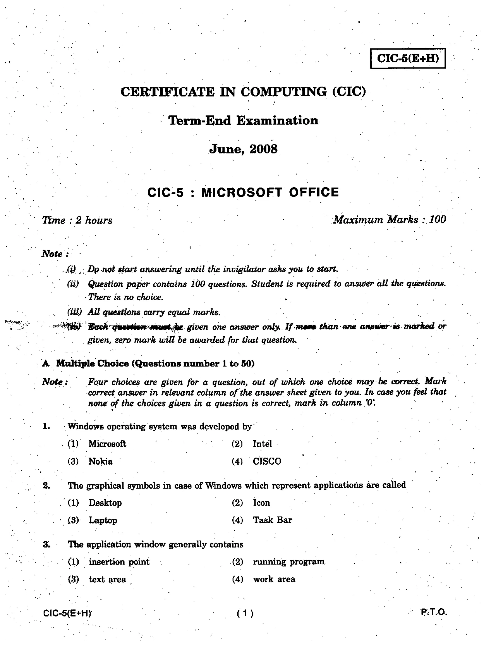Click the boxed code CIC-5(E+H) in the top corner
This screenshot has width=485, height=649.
point(408,58)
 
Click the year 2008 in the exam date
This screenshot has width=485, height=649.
point(263,149)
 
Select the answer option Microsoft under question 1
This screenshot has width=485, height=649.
point(107,444)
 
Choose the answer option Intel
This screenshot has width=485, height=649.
point(262,444)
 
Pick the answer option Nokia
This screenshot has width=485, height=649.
point(100,461)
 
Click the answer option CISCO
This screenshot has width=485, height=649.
point(267,461)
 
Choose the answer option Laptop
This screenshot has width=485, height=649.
point(103,520)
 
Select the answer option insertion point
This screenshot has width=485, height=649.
point(119,562)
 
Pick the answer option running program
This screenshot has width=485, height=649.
point(289,562)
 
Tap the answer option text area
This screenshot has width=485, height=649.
point(107,580)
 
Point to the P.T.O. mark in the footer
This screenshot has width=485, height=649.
point(434,612)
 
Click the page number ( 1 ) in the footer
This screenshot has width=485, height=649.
point(245,613)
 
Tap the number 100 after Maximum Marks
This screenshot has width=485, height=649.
point(438,219)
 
